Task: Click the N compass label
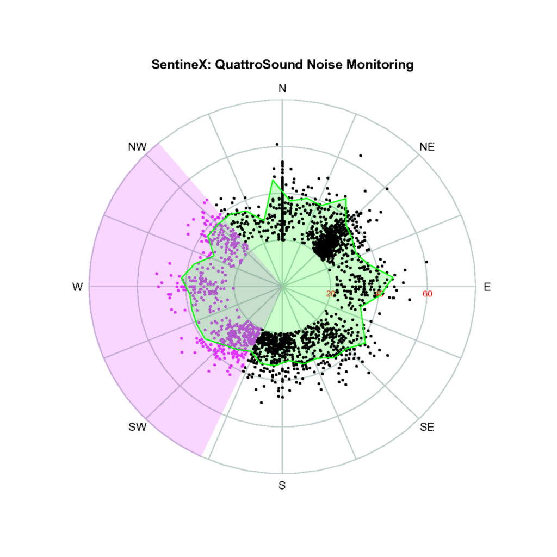tap(282, 89)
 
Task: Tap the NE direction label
tap(427, 147)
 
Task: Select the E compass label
tap(487, 287)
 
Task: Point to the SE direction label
tap(427, 427)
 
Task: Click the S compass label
tap(282, 485)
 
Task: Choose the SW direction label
tap(138, 427)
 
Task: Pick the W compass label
tap(77, 287)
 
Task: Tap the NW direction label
tap(137, 147)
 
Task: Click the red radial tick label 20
tap(331, 294)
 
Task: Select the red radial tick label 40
tap(379, 294)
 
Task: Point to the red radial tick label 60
tap(427, 294)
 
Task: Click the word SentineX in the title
tap(180, 65)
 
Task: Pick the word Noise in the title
tap(321, 65)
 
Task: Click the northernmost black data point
tap(277, 144)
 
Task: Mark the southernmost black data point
tap(262, 403)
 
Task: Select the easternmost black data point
tap(426, 262)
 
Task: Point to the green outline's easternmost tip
tap(393, 277)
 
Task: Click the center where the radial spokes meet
tap(282, 286)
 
